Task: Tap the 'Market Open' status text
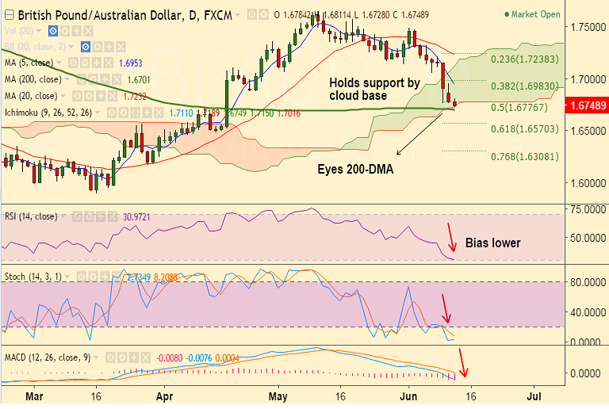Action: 557,14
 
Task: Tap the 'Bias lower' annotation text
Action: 492,243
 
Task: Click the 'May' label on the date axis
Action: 278,394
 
